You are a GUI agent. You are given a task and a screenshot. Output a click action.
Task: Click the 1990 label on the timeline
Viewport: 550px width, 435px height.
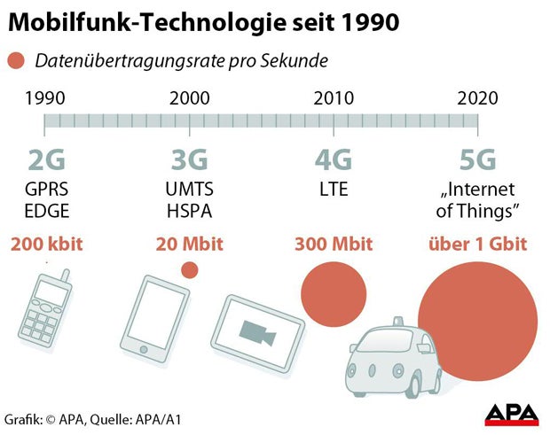45,97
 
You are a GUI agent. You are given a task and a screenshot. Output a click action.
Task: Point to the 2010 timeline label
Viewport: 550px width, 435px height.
334,97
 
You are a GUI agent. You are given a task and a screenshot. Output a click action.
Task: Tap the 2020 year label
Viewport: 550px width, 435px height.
478,97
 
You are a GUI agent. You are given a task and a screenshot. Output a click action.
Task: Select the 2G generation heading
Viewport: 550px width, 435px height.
46,160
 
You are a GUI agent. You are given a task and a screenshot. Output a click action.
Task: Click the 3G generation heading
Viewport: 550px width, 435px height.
189,160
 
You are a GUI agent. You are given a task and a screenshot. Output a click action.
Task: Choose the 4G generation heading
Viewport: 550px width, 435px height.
334,160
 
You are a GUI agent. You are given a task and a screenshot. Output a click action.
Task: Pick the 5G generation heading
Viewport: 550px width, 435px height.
477,160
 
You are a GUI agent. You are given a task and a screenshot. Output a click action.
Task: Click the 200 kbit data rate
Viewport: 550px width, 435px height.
46,244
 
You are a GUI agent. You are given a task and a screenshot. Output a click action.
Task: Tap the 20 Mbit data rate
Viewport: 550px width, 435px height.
189,244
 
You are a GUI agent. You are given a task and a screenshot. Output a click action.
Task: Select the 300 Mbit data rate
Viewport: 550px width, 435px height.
334,244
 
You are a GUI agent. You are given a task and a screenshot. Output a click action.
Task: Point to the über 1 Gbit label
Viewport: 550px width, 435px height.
477,244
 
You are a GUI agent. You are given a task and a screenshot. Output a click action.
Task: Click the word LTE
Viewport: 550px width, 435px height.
334,190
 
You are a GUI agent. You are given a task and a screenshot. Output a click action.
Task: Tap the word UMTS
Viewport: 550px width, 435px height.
189,190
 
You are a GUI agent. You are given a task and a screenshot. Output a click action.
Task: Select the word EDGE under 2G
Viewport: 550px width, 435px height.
46,211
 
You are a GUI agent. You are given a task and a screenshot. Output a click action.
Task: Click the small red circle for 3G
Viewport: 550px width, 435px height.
189,270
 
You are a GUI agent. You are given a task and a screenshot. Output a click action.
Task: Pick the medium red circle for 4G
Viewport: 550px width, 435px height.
334,292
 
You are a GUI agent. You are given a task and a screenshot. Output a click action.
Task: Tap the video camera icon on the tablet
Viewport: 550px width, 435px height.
256,330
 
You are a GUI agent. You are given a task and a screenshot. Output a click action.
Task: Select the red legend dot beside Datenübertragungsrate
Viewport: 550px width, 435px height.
15,61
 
